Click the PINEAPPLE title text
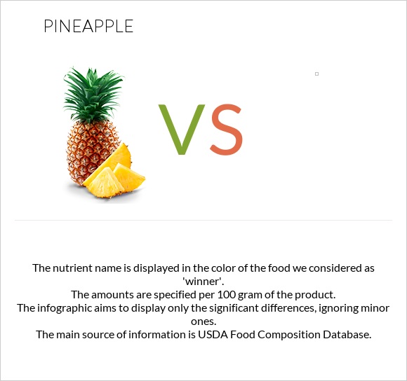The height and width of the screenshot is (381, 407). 88,27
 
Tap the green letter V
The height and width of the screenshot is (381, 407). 182,130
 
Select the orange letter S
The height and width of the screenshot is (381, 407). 226,130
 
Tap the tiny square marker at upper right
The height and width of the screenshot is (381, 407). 316,74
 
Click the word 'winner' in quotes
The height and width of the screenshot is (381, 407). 203,281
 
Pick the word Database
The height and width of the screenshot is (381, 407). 345,335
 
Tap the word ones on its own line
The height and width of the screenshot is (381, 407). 203,321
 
